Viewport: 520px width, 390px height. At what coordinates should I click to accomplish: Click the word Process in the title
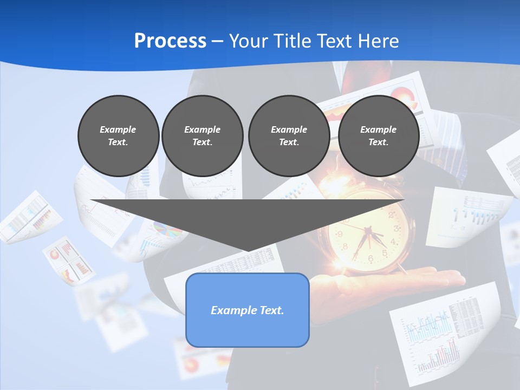[x=170, y=41]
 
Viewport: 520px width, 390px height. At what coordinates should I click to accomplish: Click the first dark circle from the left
[x=118, y=136]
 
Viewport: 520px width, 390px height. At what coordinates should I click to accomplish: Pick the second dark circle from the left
[x=202, y=136]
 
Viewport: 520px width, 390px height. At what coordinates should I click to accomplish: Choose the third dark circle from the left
[x=289, y=136]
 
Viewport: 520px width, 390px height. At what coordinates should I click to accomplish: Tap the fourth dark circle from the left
[x=378, y=136]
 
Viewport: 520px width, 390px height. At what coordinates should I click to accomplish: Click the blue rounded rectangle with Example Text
[x=247, y=310]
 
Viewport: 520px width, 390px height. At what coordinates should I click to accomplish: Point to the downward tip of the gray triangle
[x=248, y=250]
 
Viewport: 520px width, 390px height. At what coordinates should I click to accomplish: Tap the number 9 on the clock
[x=340, y=235]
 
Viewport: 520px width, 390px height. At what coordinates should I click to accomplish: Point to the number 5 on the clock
[x=385, y=252]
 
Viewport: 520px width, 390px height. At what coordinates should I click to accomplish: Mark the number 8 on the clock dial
[x=345, y=247]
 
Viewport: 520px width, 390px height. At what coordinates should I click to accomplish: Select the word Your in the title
[x=247, y=41]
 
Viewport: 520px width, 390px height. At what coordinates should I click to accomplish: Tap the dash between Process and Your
[x=218, y=41]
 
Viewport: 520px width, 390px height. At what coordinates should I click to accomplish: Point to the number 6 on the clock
[x=370, y=258]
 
